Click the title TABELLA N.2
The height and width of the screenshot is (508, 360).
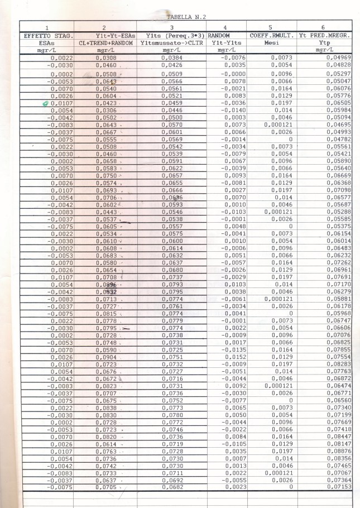point(186,17)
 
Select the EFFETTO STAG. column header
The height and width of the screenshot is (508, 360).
point(46,36)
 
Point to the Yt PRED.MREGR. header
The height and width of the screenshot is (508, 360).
point(324,36)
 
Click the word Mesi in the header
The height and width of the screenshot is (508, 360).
point(271,42)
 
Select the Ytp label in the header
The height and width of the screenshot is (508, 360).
point(324,42)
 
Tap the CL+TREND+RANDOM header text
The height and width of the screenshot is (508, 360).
point(104,42)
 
